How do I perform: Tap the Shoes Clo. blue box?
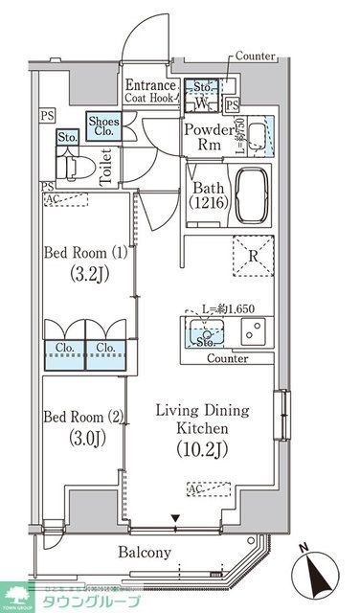click(x=103, y=127)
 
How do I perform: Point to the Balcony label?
click(x=146, y=553)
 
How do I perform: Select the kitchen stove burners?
click(x=255, y=334)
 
